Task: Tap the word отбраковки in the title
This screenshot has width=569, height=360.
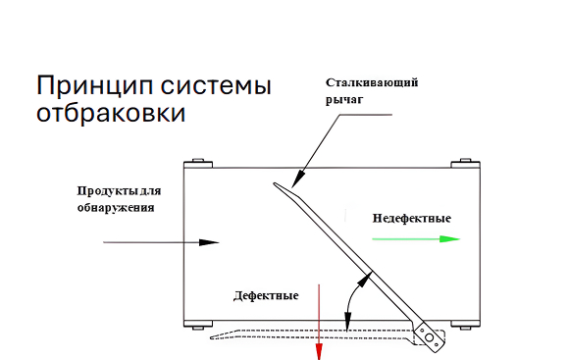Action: (110, 113)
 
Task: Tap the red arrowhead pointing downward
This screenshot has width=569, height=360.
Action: (319, 351)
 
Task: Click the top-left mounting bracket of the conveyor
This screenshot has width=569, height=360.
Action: (194, 162)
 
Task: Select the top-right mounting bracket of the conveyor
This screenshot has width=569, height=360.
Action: (460, 163)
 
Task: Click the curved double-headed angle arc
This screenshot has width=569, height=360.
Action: (352, 293)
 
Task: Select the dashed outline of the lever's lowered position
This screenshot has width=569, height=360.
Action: (294, 336)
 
